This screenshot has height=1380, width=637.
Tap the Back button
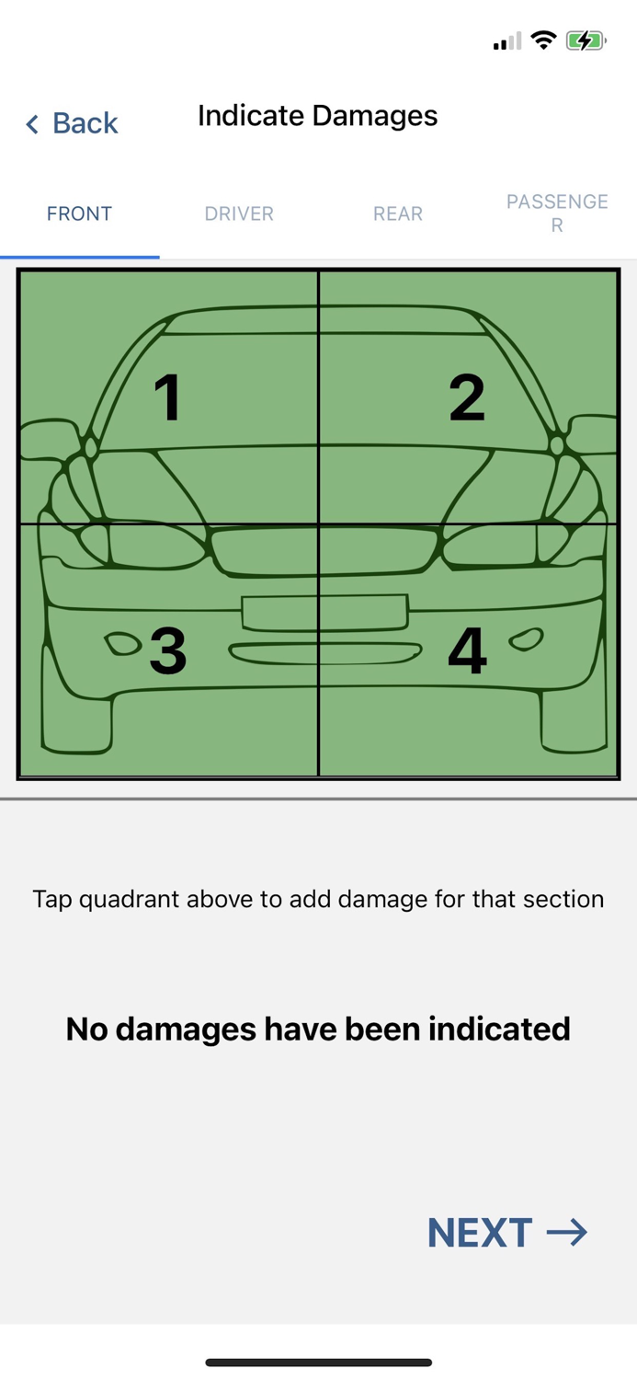(72, 123)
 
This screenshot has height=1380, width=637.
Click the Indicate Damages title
(317, 116)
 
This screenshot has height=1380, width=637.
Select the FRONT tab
(79, 213)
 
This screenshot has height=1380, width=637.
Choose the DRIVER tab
(239, 213)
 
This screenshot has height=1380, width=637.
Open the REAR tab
(398, 213)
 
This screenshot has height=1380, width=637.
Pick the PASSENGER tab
(557, 213)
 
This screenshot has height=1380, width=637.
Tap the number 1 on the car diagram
(167, 397)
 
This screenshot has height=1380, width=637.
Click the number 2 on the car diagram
(467, 397)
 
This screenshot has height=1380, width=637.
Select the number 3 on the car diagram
(168, 650)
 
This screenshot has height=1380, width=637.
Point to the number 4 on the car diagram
(468, 650)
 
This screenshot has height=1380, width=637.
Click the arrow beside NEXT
(567, 1233)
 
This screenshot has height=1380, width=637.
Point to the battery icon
(586, 41)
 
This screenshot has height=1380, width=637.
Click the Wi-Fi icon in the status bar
(543, 40)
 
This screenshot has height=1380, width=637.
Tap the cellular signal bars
(507, 41)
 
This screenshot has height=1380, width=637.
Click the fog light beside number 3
(122, 644)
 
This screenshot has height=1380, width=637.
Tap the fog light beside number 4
(526, 639)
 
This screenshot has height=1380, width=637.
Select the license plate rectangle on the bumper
(325, 613)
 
